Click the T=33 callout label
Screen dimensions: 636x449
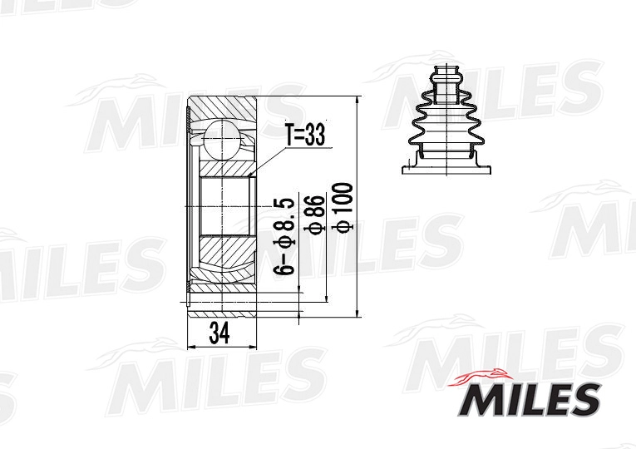(x=306, y=135)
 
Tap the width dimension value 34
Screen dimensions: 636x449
(x=219, y=333)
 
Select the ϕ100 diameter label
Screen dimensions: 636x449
(x=343, y=207)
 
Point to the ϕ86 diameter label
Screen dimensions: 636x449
(x=315, y=215)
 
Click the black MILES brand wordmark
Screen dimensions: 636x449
(x=530, y=400)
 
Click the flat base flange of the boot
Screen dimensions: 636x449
(x=446, y=170)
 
